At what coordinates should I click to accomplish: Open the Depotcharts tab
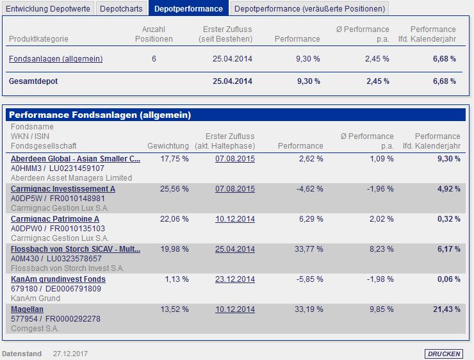point(122,8)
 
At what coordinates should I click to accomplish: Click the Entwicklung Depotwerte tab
point(48,8)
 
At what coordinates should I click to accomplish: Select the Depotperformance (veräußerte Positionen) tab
point(309,8)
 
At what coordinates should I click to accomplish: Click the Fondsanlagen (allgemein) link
point(56,59)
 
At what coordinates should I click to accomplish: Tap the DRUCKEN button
point(443,354)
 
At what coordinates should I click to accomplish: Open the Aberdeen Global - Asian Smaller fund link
point(76,158)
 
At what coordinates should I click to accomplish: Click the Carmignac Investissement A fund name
point(63,189)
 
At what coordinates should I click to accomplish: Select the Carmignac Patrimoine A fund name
point(55,219)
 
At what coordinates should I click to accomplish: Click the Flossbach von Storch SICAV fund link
point(76,249)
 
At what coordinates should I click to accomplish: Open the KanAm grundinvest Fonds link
point(58,279)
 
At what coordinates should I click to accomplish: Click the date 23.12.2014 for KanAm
point(235,279)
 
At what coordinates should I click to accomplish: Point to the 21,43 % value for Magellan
point(446,309)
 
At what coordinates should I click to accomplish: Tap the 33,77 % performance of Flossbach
point(307,249)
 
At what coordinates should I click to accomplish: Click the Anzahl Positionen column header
point(154,34)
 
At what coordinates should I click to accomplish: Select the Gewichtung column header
point(168,146)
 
